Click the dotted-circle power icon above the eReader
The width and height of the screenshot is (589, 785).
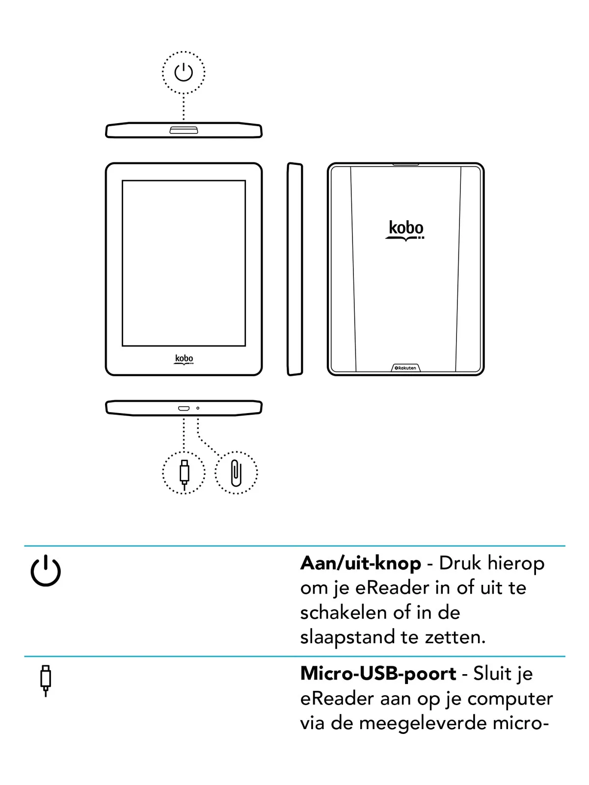click(184, 73)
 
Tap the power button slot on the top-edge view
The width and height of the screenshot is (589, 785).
click(184, 130)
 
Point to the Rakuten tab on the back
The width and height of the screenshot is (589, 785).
click(406, 368)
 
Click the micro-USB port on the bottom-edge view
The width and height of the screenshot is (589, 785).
click(184, 408)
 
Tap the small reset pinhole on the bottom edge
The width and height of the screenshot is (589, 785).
click(198, 408)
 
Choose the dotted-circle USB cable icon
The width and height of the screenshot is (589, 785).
click(184, 473)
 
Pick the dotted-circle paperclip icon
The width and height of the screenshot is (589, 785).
click(236, 473)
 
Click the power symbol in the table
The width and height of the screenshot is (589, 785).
click(46, 571)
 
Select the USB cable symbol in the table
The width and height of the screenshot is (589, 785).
click(46, 680)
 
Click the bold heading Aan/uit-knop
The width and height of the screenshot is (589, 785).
click(361, 563)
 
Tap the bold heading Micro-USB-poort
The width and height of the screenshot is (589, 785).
click(378, 674)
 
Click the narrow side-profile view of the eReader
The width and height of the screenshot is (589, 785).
click(294, 269)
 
